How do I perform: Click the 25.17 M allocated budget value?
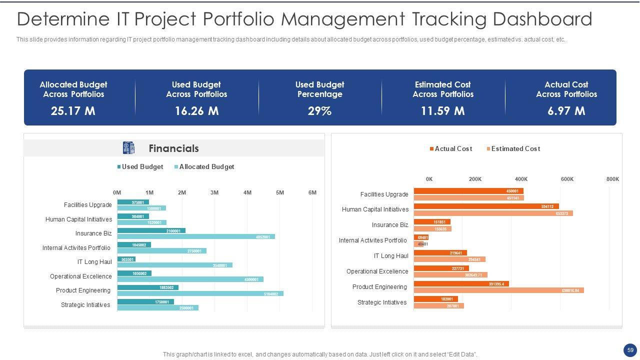(73, 111)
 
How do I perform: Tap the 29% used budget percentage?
(319, 111)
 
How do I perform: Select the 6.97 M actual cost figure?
(566, 111)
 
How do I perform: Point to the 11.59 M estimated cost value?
(442, 111)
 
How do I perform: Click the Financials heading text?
(173, 148)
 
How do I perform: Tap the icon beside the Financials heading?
(128, 148)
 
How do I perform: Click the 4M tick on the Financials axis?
(247, 193)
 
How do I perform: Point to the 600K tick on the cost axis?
(567, 179)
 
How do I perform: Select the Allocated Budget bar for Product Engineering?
(200, 293)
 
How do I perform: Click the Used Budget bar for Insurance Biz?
(151, 230)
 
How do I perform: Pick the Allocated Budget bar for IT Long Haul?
(174, 265)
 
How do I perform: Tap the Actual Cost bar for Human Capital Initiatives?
(486, 206)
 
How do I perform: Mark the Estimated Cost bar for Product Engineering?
(498, 290)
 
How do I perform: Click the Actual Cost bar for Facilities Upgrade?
(468, 191)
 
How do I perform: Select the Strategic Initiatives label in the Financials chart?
(85, 305)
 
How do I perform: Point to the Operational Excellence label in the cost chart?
(377, 271)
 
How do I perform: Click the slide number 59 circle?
(630, 350)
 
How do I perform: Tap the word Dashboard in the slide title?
(542, 19)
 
